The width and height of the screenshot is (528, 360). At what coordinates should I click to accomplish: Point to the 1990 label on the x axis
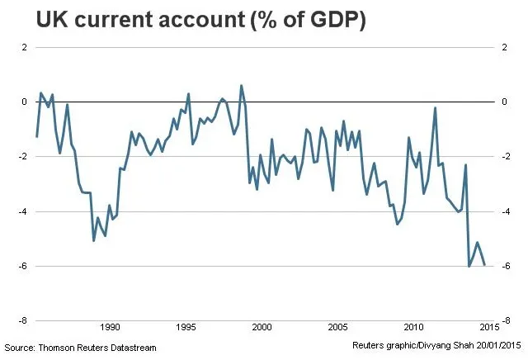(110, 327)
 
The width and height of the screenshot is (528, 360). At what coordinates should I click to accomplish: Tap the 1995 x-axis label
(186, 327)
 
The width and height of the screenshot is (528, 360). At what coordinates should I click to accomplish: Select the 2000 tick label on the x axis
(262, 327)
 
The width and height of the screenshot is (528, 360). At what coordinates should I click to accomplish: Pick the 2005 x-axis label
(337, 327)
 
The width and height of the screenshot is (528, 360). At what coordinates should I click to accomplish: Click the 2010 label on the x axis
(414, 327)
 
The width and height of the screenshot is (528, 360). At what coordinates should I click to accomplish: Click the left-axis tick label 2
(24, 47)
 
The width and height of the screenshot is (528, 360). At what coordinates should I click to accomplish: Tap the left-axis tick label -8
(23, 320)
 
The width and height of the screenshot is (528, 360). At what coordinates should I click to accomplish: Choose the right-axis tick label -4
(506, 211)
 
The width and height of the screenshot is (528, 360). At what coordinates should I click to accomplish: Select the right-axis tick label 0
(504, 102)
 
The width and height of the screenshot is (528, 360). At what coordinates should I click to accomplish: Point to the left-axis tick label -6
(23, 266)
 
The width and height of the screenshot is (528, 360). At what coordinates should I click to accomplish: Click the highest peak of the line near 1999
(241, 86)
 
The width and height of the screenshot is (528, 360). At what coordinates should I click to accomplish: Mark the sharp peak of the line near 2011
(435, 108)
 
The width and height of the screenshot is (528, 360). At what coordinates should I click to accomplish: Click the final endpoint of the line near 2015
(484, 265)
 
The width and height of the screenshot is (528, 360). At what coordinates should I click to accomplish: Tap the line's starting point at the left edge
(36, 137)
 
